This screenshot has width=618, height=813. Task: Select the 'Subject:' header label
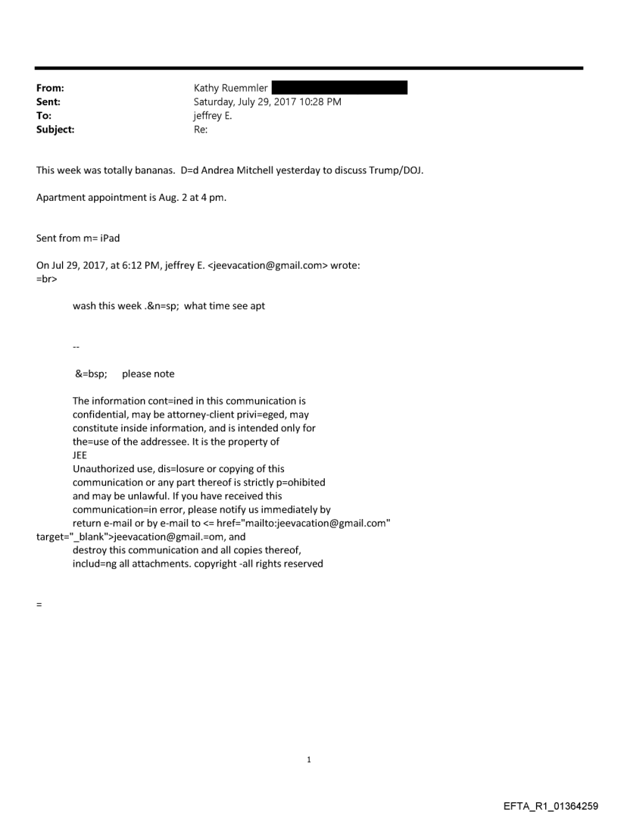pos(55,130)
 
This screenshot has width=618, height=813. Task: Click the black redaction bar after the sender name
pos(339,88)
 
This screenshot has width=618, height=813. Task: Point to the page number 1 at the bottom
pos(309,759)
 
